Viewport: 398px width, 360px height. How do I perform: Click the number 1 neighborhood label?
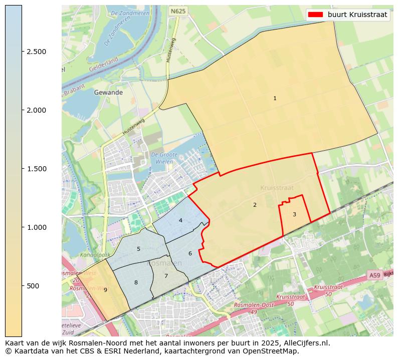(x=275, y=98)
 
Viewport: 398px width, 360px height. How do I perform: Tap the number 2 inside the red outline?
(x=255, y=205)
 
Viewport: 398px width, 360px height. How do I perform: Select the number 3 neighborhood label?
(x=294, y=214)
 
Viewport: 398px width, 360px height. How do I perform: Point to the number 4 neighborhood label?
(x=180, y=220)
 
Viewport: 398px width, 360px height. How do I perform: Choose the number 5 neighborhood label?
(x=138, y=249)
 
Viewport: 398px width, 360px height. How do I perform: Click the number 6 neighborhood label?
(x=190, y=253)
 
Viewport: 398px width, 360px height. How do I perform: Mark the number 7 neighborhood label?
(x=166, y=276)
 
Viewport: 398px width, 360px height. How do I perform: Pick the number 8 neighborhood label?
(x=136, y=282)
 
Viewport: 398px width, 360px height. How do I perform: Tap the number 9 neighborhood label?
(x=105, y=290)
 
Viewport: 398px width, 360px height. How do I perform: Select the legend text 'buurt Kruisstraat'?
(x=357, y=15)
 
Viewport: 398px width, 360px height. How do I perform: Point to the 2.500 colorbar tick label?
(x=37, y=52)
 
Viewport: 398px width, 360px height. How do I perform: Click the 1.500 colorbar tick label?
(x=37, y=169)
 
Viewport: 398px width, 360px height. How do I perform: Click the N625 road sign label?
(x=177, y=11)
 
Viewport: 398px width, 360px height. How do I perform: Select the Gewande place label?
(x=108, y=93)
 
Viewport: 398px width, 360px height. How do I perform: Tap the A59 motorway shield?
(x=374, y=275)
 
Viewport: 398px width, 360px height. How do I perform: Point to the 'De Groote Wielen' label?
(x=164, y=158)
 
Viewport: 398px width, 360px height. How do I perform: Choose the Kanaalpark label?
(x=92, y=255)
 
